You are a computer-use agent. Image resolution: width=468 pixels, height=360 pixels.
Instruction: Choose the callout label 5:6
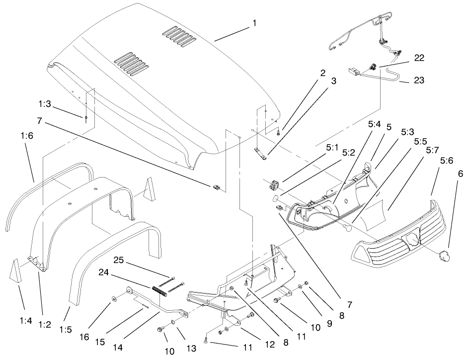tap(447, 161)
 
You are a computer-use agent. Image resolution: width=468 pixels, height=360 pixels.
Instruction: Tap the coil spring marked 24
tap(158, 288)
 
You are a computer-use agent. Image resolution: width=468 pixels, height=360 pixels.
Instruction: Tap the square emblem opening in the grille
tap(413, 240)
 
